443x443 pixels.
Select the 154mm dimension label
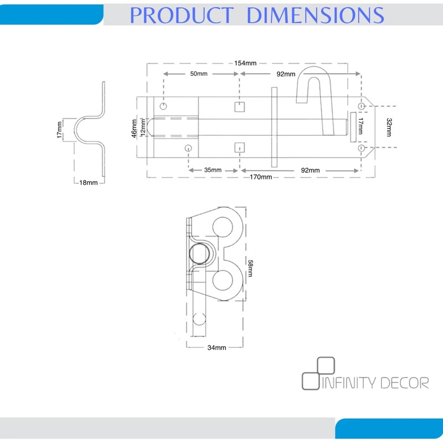point(245,63)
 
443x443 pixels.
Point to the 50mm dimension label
point(199,74)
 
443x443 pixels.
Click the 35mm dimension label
point(213,170)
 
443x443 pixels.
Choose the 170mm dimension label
point(261,177)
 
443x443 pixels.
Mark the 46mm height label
point(134,128)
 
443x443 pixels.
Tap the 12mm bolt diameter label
point(143,127)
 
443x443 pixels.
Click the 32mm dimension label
point(389,127)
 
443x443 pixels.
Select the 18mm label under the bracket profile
point(89,183)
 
